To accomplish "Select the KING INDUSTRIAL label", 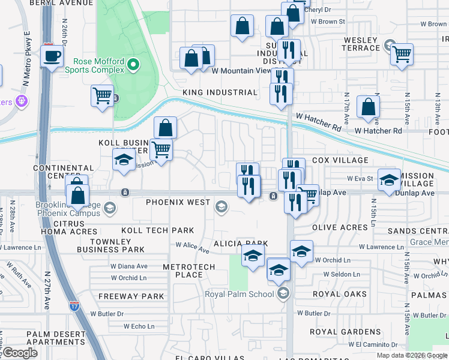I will (x=220, y=92).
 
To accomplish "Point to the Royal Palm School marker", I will (x=283, y=293).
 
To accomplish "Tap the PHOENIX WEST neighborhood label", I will (x=178, y=202).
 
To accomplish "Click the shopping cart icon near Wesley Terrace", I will (x=402, y=55).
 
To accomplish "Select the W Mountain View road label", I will (x=242, y=70).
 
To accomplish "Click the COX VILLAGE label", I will (x=340, y=160).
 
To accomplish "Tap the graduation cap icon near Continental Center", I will (x=124, y=160).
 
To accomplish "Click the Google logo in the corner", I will (x=20, y=352).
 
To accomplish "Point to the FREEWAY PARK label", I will (x=131, y=296).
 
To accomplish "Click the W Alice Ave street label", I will (x=191, y=245).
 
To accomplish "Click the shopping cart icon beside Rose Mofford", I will (x=102, y=95).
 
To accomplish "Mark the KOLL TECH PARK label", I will (x=157, y=230).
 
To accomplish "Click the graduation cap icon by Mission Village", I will (x=389, y=179).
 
